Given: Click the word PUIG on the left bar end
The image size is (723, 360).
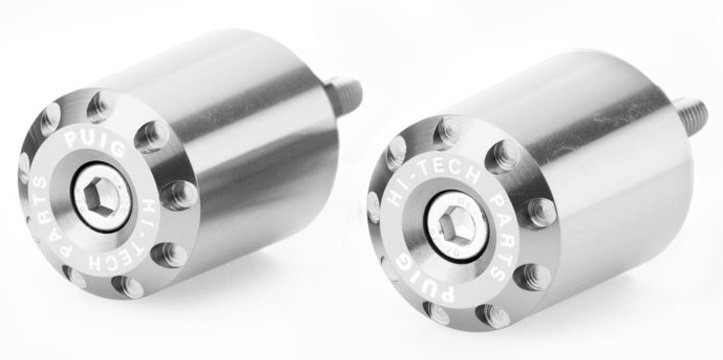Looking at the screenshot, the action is tap(94, 142).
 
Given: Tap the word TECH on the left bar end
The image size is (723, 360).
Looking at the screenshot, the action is tap(116, 254).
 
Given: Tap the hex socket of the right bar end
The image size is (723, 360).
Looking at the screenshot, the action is tap(456, 225).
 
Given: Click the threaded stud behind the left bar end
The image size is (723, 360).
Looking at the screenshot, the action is tap(344, 96).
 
